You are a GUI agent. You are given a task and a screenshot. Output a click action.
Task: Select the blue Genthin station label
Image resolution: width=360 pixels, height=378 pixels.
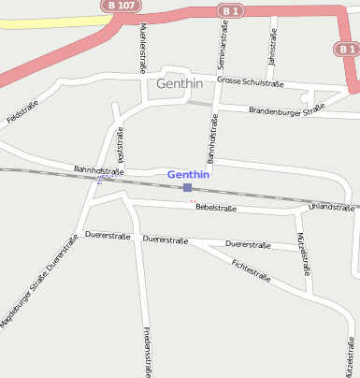188,174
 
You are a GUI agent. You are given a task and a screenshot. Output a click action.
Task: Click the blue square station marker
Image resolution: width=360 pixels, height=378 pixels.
188,187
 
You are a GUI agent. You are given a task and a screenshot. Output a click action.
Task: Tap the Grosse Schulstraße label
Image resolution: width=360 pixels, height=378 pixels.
250,81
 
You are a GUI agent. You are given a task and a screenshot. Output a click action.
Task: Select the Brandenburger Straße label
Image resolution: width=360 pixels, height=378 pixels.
286,110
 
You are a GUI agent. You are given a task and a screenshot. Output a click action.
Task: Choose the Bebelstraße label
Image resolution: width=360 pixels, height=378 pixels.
216,208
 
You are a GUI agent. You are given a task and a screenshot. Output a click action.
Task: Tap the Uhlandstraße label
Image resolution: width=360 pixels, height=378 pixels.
331,207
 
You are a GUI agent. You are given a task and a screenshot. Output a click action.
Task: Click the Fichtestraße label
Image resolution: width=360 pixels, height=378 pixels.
251,270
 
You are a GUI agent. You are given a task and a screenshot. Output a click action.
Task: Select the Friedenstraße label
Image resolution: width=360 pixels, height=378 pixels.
148,351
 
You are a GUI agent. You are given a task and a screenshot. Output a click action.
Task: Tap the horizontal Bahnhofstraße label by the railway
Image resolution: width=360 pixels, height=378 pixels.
99,170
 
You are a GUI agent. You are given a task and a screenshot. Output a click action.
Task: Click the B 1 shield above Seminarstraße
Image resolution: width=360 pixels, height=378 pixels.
230,10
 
